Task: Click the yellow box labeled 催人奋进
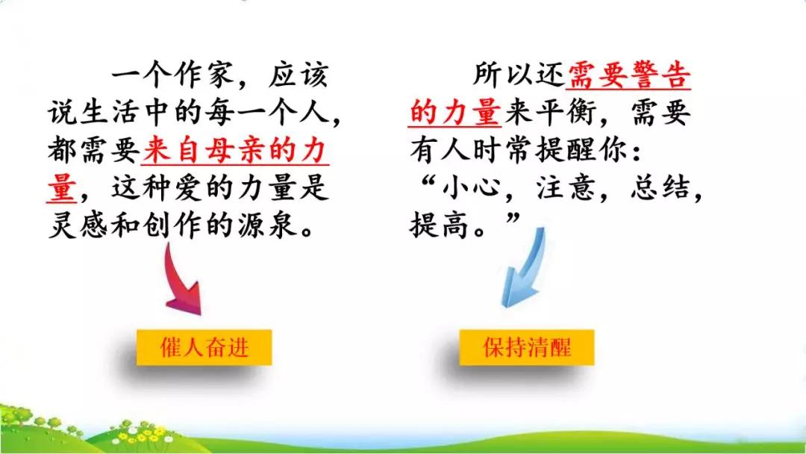[x=204, y=347]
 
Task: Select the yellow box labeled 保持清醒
[x=527, y=347]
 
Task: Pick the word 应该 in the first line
[x=298, y=76]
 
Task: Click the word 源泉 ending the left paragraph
[x=266, y=225]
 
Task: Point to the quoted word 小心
[x=470, y=187]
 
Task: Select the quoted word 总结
[x=660, y=187]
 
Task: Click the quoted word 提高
[x=440, y=225]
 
